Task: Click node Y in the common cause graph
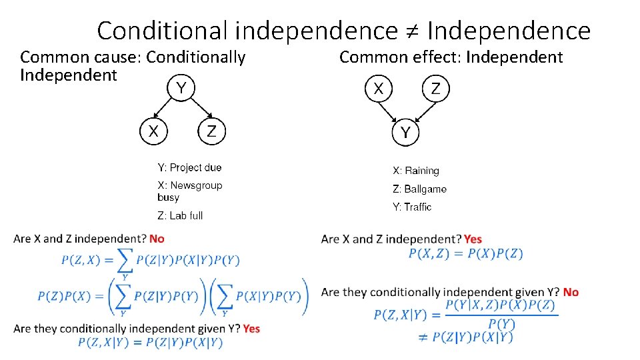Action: coord(181,87)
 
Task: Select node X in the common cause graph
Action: coord(153,131)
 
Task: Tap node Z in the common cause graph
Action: coord(211,131)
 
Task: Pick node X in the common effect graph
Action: coord(379,89)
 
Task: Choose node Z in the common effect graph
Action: coord(435,89)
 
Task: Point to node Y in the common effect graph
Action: coord(405,132)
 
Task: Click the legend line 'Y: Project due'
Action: coord(189,167)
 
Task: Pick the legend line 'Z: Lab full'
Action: coord(180,215)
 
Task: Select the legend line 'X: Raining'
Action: coord(416,171)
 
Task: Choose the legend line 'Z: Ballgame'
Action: coord(419,189)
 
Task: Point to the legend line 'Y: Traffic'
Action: coord(412,207)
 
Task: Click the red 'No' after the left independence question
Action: coord(157,238)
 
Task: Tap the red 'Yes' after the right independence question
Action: coord(473,239)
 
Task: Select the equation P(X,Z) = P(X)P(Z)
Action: coord(465,253)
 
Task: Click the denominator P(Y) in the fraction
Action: coord(501,323)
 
